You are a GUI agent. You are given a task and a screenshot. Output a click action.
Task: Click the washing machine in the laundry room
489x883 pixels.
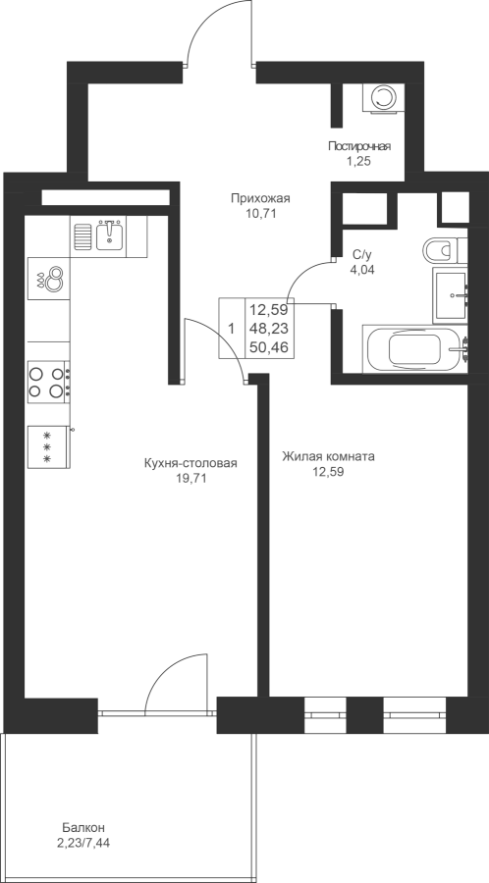(x=384, y=98)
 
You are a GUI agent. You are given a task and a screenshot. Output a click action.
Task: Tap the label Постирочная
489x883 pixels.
(x=359, y=146)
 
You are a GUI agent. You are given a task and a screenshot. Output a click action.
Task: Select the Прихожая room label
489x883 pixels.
(x=260, y=198)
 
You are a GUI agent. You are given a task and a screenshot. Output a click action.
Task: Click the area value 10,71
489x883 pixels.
(x=260, y=214)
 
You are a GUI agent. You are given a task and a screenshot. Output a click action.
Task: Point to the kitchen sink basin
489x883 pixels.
(x=110, y=235)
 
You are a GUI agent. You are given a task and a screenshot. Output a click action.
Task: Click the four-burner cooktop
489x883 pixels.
(x=49, y=383)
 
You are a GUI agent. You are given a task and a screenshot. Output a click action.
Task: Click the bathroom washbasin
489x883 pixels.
(x=451, y=295)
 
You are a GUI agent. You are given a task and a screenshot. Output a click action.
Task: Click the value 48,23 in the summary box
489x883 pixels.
(x=269, y=328)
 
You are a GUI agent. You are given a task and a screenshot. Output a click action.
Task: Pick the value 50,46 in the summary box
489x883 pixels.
(x=269, y=347)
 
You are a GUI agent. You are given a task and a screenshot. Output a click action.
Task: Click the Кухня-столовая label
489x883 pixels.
(x=190, y=463)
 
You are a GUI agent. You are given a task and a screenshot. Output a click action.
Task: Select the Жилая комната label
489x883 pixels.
(x=328, y=456)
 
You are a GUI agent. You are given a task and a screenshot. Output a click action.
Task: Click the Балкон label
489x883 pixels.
(x=83, y=828)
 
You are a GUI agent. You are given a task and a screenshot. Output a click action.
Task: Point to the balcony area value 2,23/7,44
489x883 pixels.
(x=83, y=843)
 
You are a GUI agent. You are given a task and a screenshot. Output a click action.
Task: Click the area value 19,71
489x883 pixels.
(x=190, y=479)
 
